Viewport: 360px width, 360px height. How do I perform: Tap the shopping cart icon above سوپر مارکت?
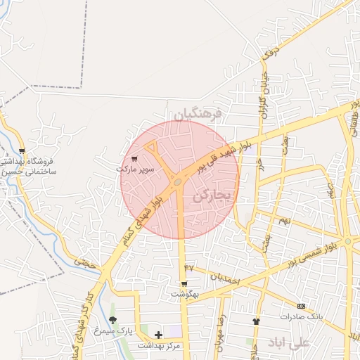click(134, 159)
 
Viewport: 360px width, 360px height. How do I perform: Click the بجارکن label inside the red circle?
click(211, 195)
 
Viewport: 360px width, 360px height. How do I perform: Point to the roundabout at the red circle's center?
click(178, 183)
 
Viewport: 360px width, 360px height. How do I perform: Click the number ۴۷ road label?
click(188, 268)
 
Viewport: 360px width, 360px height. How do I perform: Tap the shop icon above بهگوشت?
click(184, 284)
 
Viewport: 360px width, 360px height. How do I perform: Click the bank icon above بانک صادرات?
click(302, 306)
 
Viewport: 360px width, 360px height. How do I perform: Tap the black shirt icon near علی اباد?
click(256, 321)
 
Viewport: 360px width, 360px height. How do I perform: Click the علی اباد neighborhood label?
click(289, 342)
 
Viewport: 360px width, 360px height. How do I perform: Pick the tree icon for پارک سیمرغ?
click(113, 321)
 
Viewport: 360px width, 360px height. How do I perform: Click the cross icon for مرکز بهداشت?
click(158, 335)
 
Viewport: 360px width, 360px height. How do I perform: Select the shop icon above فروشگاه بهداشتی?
click(22, 150)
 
